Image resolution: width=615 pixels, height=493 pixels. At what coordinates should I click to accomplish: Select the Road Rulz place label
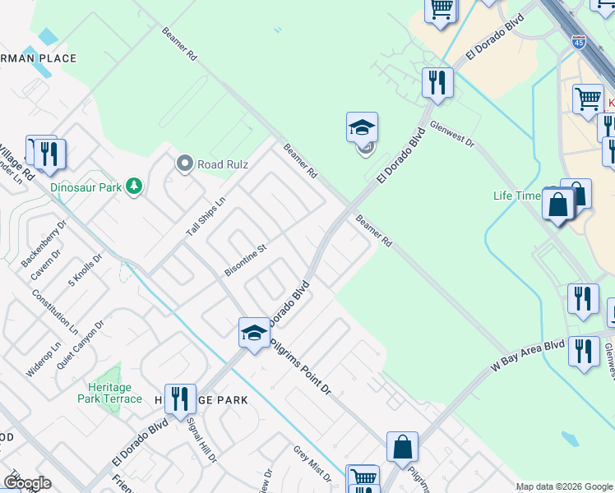click(x=222, y=164)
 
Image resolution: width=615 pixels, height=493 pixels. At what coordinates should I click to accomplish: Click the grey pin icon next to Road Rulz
click(x=185, y=164)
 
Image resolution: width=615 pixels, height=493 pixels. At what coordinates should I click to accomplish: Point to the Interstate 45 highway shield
click(x=580, y=44)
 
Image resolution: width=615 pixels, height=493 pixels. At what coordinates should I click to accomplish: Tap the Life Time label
click(x=516, y=196)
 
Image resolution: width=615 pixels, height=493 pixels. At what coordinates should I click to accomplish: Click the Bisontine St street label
click(x=246, y=260)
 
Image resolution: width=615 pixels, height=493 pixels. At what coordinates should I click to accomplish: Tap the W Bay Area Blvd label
click(x=528, y=358)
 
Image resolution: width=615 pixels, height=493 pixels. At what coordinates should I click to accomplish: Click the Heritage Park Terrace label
click(x=109, y=392)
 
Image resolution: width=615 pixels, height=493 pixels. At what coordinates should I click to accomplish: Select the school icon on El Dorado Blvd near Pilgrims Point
click(x=254, y=332)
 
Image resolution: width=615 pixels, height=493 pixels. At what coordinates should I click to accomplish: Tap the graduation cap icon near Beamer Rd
click(x=362, y=127)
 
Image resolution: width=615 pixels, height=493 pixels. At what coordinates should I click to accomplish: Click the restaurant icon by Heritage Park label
click(x=179, y=399)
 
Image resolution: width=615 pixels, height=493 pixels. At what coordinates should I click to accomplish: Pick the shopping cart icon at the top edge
click(x=441, y=9)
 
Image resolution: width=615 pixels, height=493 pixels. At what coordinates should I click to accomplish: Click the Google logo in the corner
click(x=26, y=483)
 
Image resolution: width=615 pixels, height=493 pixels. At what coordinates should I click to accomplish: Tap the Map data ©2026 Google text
click(x=563, y=486)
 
